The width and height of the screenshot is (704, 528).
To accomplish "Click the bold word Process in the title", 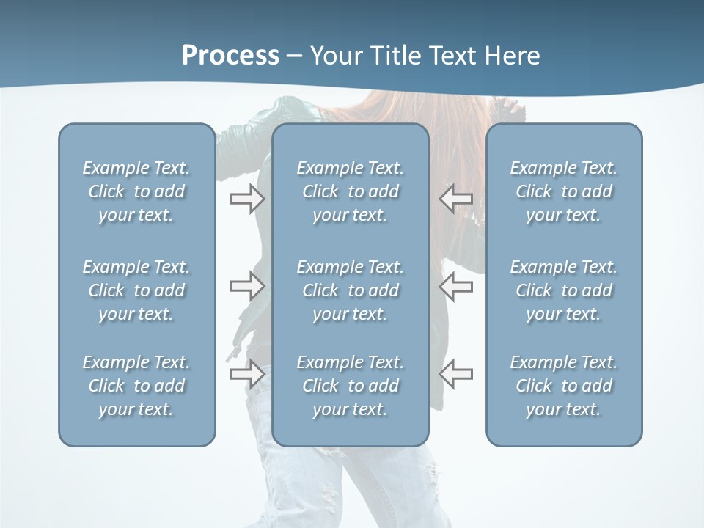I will [x=230, y=56].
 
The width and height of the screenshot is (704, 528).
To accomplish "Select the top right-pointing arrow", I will [x=247, y=199].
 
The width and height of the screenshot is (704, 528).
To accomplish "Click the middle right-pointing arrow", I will [x=247, y=286].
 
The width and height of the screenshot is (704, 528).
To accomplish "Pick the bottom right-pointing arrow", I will [x=247, y=373].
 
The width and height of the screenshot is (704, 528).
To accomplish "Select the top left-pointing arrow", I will [x=456, y=199].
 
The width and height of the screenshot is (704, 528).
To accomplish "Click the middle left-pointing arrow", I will [x=456, y=286].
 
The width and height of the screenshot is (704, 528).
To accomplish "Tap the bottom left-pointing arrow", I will [x=456, y=373].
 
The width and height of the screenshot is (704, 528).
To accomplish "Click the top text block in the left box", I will [x=136, y=191].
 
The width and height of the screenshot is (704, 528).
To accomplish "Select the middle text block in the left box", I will [x=136, y=290].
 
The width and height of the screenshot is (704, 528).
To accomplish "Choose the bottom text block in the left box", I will [x=136, y=386].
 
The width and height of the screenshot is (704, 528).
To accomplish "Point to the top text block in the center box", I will [x=350, y=191].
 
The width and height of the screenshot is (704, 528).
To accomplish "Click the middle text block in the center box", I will [x=350, y=290].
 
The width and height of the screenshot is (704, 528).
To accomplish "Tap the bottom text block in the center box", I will [x=350, y=386].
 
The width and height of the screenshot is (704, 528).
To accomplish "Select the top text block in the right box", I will [x=563, y=191].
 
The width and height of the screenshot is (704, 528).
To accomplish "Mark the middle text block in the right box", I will [x=563, y=290].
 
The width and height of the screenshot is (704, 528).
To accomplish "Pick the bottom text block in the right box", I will [x=563, y=386].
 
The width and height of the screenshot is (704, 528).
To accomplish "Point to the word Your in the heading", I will [x=336, y=56].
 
